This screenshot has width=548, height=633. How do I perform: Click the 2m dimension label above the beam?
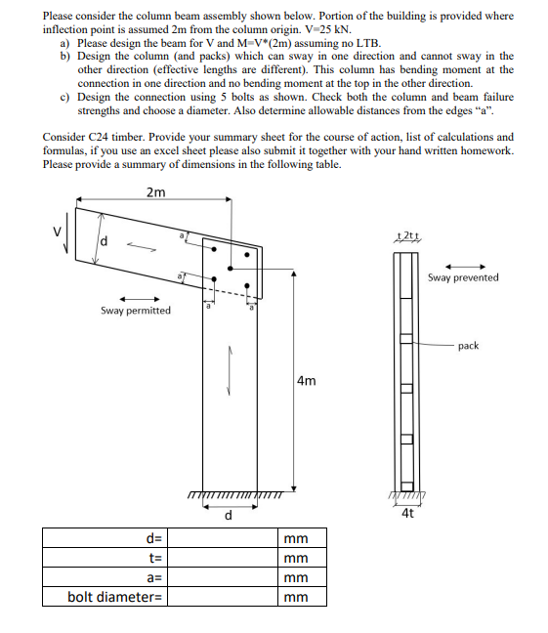point(154,191)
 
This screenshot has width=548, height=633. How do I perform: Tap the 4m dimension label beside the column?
point(306,381)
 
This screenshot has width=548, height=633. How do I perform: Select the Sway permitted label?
point(135,311)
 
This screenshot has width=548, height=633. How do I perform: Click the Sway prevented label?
point(463,277)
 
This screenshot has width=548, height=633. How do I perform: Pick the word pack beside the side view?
point(468,346)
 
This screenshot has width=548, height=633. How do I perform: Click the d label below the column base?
point(229,515)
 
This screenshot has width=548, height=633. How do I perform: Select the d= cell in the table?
point(153,538)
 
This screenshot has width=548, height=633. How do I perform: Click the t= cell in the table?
point(154,558)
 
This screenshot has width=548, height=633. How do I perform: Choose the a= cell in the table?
point(153,577)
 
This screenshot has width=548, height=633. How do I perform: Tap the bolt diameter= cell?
point(114,597)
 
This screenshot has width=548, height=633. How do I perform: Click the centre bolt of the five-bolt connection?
point(228,267)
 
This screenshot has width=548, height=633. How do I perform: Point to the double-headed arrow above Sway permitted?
point(135,298)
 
